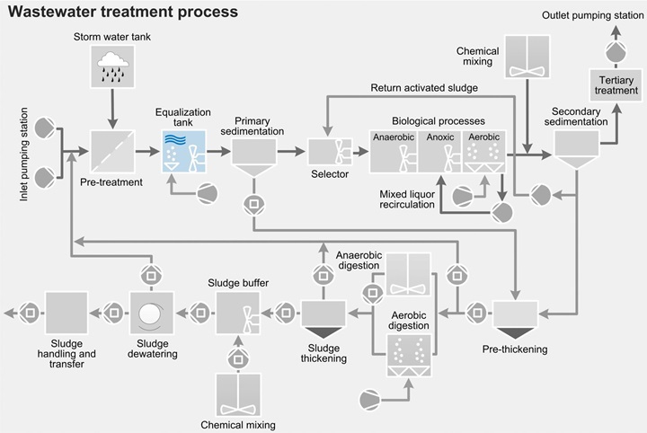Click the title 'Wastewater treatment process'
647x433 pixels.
[123, 13]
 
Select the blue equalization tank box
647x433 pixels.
[183, 150]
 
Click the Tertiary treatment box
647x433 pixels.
[615, 86]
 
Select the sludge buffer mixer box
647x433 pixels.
[238, 314]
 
